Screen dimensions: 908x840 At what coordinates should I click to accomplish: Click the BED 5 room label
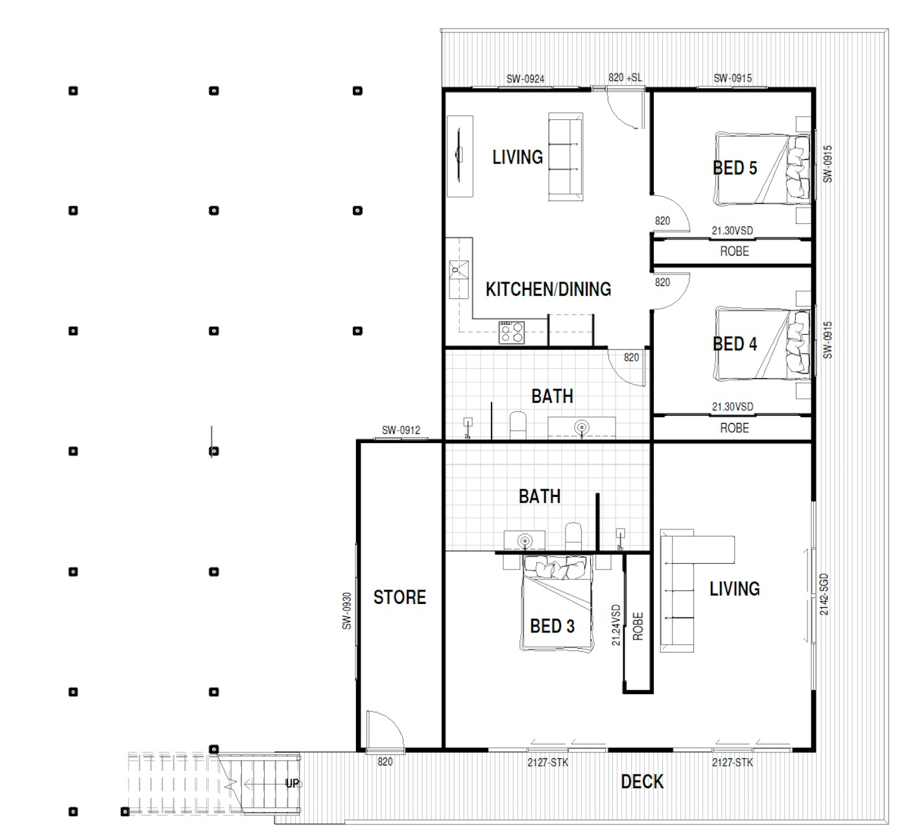tap(735, 168)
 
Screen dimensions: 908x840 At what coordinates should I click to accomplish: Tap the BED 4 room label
tap(735, 344)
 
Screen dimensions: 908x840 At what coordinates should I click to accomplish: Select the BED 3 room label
tap(552, 626)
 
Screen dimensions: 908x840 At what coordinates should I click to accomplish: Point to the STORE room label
tap(400, 597)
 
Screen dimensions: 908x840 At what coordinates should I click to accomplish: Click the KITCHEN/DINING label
tap(548, 289)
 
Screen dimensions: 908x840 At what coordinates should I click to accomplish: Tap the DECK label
tap(642, 782)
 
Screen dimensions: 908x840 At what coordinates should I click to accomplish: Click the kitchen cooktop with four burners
tap(512, 333)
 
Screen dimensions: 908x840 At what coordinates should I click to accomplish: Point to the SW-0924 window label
tap(525, 79)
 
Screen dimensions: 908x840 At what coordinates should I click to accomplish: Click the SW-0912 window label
tap(401, 430)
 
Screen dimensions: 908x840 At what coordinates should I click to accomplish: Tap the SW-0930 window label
tap(347, 611)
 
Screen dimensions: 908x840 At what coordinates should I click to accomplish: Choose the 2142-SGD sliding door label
tap(824, 594)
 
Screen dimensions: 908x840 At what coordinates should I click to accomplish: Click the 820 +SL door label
tap(625, 78)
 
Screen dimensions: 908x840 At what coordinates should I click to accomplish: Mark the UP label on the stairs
tap(293, 784)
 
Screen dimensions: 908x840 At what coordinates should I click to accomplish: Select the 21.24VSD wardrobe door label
tap(616, 625)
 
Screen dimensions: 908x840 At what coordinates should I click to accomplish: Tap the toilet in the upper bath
tap(518, 426)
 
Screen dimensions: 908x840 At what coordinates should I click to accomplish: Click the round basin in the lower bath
tap(525, 542)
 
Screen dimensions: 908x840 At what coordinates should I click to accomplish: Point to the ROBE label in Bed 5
tap(734, 252)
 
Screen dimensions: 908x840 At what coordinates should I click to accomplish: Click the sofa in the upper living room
tap(566, 157)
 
